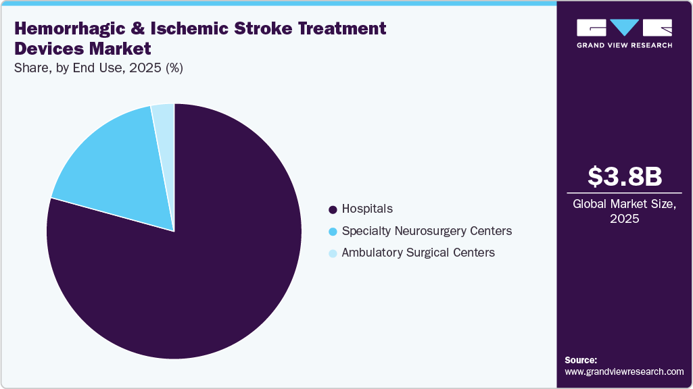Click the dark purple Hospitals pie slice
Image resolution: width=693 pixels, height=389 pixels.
coord(203,270)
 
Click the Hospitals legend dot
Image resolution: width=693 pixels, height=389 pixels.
coord(332,209)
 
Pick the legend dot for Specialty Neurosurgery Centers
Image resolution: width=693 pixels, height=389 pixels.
coord(332,232)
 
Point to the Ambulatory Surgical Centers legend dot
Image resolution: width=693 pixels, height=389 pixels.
coord(332,253)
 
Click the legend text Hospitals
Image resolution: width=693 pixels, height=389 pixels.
coord(367,209)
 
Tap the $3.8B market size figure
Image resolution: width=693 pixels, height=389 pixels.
coord(624,177)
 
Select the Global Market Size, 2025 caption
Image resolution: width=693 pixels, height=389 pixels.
coord(624,211)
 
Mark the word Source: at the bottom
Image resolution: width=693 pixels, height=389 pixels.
coord(581,360)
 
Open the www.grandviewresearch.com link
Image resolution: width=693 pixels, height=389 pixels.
coord(624,372)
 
